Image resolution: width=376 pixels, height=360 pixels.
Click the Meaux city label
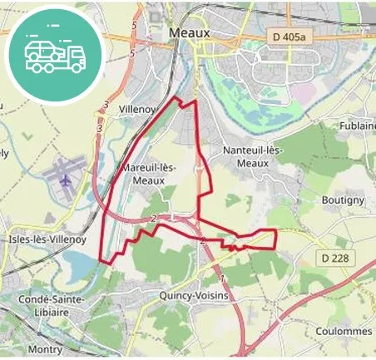[190, 32]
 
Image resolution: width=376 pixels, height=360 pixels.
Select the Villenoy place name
[138, 109]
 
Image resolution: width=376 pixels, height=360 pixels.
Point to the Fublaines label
[357, 126]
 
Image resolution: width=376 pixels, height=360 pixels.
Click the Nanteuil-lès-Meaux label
[254, 156]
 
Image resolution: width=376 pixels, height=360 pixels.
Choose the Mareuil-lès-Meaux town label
[151, 173]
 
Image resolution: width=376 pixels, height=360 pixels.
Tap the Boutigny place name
[343, 200]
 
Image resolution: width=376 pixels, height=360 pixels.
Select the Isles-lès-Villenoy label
[47, 239]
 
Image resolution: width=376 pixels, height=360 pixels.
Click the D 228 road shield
[335, 259]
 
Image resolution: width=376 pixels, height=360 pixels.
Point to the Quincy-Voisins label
[193, 295]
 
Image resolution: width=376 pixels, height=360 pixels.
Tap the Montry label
[45, 349]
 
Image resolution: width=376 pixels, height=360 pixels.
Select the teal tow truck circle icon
[54, 54]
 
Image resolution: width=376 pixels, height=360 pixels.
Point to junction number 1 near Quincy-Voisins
[222, 278]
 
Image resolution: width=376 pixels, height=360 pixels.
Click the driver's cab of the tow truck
[74, 57]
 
